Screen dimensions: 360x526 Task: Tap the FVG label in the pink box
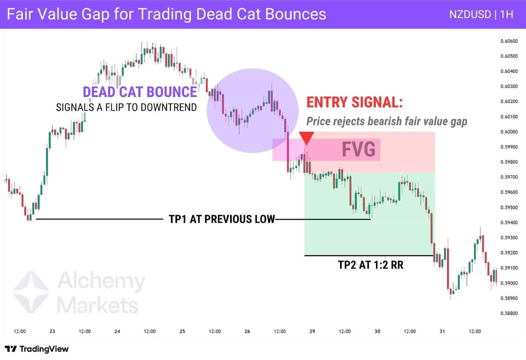358,150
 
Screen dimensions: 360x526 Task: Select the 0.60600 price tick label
509,41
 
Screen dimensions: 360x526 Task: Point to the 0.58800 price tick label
509,313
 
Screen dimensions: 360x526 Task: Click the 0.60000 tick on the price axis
509,132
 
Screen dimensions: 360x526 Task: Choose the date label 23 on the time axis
52,331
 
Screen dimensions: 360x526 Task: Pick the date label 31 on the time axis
442,331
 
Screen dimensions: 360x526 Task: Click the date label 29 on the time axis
312,331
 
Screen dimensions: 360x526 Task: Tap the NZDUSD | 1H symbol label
481,14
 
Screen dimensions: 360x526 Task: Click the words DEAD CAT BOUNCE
140,92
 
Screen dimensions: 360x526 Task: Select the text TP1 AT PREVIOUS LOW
222,219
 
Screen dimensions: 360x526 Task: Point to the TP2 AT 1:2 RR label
371,265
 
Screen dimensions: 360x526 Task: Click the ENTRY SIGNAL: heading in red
354,102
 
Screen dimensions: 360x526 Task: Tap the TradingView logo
37,349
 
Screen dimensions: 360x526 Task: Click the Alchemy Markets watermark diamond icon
31,292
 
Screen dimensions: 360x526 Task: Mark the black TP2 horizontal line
368,255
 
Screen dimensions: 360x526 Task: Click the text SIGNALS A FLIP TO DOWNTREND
126,108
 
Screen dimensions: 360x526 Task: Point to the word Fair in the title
19,14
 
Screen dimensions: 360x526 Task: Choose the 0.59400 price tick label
509,223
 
